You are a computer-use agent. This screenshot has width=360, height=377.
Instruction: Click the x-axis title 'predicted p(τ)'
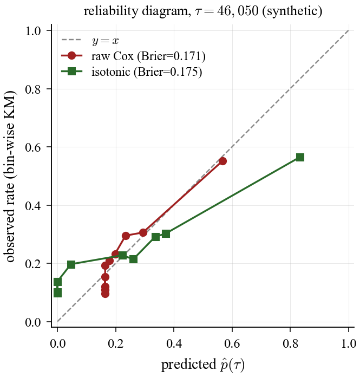(202, 365)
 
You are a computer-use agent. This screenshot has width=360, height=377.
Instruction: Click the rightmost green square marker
(300, 157)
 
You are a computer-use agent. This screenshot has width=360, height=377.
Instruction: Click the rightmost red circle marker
(222, 161)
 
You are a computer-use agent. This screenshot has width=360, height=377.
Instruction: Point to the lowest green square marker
(57, 293)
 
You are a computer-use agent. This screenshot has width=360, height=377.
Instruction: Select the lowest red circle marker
(105, 294)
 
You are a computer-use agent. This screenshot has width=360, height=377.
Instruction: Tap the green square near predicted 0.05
(71, 264)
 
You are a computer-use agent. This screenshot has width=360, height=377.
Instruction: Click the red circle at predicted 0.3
(143, 232)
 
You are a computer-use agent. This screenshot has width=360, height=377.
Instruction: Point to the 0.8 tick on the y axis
(51, 89)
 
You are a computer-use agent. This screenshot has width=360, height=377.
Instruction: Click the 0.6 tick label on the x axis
(232, 343)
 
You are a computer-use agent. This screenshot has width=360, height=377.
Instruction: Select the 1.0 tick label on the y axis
(34, 31)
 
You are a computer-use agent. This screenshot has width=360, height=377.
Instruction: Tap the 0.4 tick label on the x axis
(174, 343)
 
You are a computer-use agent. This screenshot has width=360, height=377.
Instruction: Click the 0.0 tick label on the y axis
(34, 322)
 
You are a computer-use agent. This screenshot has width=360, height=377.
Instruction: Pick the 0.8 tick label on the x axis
(290, 343)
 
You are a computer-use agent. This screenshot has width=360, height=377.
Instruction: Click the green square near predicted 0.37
(166, 233)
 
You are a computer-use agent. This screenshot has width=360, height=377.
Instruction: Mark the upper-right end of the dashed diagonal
(349, 31)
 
